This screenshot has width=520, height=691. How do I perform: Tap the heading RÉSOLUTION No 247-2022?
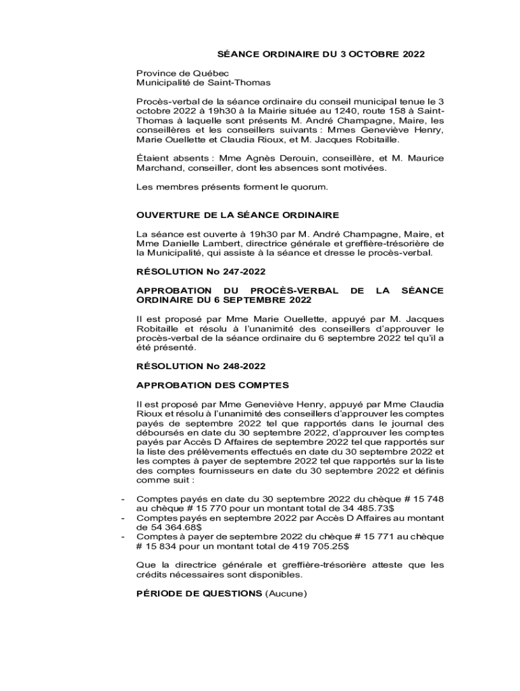[x=201, y=271]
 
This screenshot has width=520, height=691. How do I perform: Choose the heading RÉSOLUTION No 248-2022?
[x=201, y=366]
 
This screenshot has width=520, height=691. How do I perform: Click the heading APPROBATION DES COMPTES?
[x=213, y=385]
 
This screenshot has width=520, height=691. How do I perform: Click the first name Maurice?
[x=423, y=158]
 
